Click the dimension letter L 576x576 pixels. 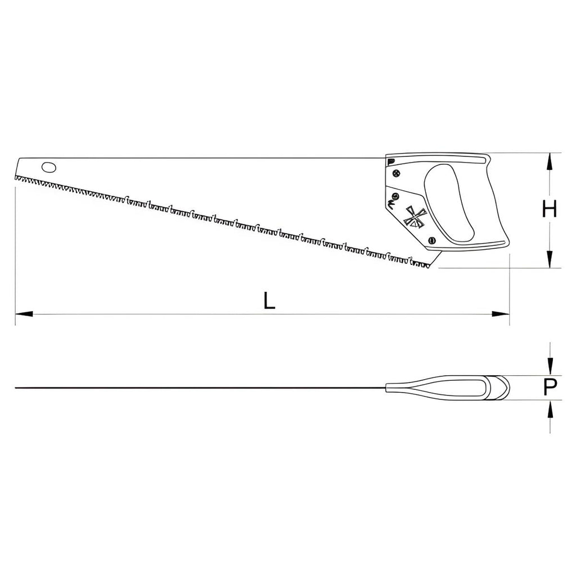pos(269,300)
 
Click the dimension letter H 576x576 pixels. pos(550,209)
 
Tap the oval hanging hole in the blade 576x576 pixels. pos(49,168)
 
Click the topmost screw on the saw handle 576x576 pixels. pos(396,173)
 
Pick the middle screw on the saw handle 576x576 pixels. pos(395,195)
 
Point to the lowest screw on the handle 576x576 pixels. pos(433,241)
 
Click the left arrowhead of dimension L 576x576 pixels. pos(24,314)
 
